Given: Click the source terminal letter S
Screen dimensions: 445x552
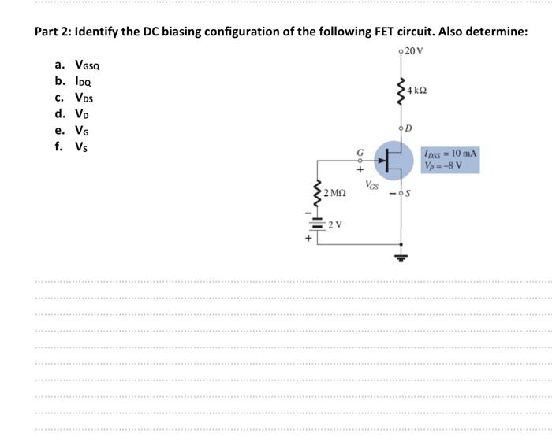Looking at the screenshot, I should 411,194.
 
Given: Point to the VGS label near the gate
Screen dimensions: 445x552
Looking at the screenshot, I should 373,185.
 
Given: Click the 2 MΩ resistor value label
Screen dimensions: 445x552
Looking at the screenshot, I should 334,192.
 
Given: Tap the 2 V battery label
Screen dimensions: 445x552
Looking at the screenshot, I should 335,224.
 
